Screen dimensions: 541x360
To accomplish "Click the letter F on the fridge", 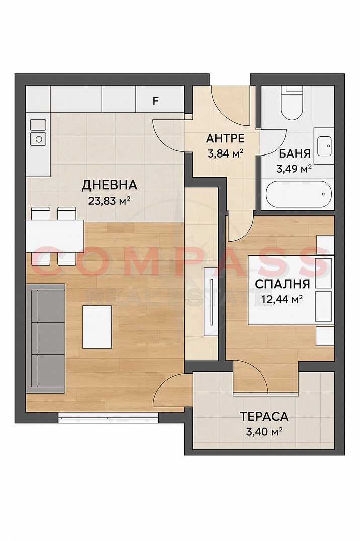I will (156, 100).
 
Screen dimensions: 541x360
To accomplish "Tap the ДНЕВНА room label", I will (110, 185).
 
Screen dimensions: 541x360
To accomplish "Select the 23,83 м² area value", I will (110, 201).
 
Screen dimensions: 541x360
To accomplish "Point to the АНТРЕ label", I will (225, 138).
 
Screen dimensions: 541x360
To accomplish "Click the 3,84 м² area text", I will (225, 152).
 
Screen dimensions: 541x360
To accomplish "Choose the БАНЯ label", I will (294, 153).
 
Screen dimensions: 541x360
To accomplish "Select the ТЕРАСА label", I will (264, 416).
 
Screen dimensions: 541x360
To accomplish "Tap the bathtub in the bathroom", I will (297, 196).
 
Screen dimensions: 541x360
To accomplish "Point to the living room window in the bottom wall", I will (108, 416).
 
